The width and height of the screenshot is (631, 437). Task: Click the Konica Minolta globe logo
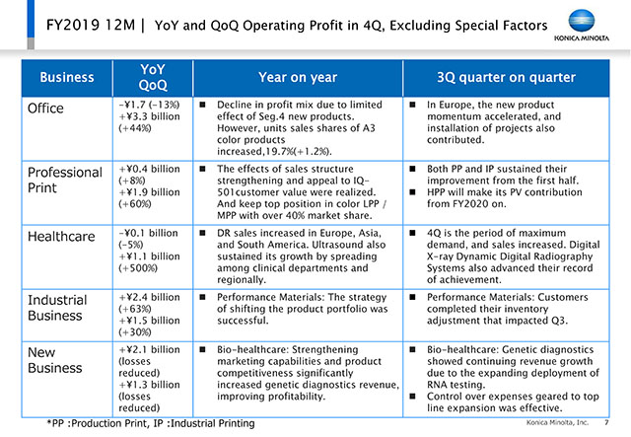582,21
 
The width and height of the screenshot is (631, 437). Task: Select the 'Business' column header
67,77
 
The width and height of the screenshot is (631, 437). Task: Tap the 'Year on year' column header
298,77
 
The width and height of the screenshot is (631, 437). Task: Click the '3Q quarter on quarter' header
506,77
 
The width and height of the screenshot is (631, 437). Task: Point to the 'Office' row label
45,109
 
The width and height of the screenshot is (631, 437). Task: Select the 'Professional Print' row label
65,181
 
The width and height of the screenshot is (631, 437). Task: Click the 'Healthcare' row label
61,237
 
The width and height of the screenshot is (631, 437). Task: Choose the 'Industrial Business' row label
57,308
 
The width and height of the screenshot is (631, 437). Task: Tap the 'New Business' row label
55,360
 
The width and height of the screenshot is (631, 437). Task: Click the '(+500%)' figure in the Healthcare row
138,268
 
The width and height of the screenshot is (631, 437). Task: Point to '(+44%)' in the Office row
135,128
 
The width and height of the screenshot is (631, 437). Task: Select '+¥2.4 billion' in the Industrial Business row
149,297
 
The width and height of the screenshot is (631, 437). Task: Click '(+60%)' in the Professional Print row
135,204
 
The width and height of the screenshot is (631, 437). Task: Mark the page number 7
606,422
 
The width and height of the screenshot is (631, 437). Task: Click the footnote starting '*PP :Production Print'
151,423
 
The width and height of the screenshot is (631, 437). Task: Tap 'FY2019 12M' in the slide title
91,25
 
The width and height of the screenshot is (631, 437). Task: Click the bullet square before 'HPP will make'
412,192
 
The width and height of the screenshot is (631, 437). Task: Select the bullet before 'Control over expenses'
412,397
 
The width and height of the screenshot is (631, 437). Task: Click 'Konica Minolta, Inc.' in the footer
557,422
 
